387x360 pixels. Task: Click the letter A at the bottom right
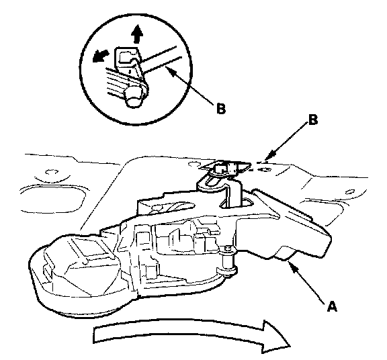click(x=332, y=306)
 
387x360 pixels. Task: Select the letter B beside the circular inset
click(x=221, y=108)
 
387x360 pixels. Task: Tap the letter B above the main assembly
click(x=313, y=120)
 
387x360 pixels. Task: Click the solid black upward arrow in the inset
click(x=137, y=34)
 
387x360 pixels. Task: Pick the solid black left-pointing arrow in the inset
click(x=101, y=56)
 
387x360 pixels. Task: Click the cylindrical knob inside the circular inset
click(x=134, y=97)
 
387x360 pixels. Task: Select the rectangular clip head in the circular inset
click(x=126, y=57)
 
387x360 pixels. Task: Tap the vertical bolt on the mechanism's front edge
click(x=227, y=261)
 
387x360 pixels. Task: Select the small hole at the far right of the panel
click(x=349, y=191)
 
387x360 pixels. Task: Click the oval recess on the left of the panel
click(x=53, y=199)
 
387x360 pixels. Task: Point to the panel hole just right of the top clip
click(x=265, y=170)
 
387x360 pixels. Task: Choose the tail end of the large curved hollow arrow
click(x=94, y=335)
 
